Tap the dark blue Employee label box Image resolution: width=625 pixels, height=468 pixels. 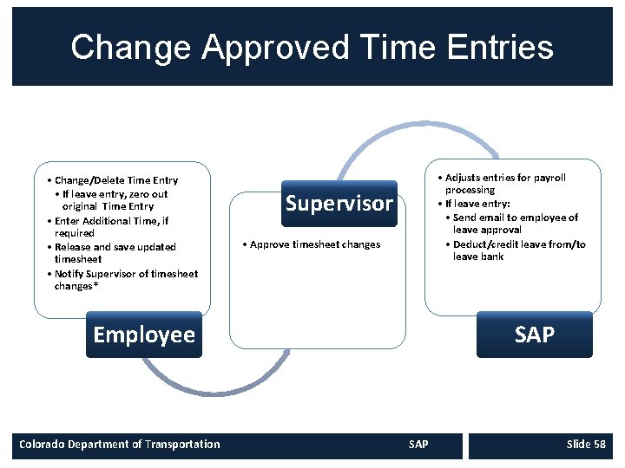click(144, 335)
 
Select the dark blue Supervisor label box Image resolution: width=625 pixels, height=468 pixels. click(339, 204)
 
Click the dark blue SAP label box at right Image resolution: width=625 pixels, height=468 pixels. click(534, 335)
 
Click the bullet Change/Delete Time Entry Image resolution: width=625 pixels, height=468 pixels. click(115, 180)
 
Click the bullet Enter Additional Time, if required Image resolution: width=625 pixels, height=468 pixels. click(111, 227)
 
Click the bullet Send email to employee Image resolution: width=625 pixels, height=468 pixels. click(515, 224)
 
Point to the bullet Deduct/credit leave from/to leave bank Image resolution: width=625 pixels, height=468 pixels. click(518, 250)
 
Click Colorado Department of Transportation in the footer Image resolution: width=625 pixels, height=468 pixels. click(120, 445)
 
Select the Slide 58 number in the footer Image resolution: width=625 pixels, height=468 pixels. click(585, 445)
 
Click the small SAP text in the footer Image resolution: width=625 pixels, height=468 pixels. click(418, 445)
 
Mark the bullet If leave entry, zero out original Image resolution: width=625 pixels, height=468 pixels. click(115, 200)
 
